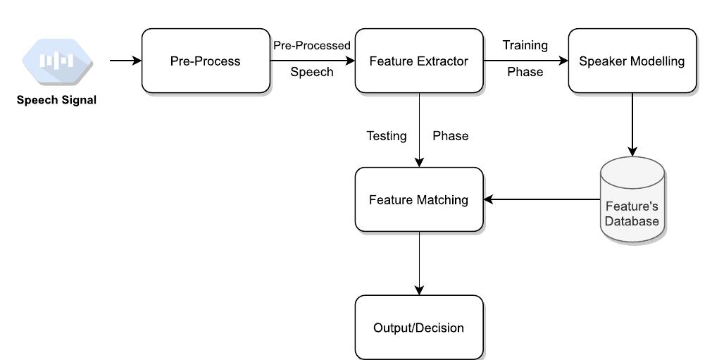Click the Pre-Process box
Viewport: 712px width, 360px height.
(x=206, y=61)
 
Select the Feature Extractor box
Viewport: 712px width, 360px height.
(x=419, y=61)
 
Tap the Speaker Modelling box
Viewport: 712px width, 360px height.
(x=632, y=61)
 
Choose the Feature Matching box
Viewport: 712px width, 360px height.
(x=419, y=200)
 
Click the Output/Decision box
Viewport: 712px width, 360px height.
(x=419, y=328)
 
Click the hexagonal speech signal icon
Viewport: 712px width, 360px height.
(x=57, y=61)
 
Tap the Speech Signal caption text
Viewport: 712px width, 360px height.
(x=57, y=100)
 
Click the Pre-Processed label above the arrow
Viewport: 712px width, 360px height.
(x=312, y=46)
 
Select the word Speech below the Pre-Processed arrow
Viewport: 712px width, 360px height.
(x=312, y=72)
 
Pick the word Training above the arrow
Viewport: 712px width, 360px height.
(x=525, y=46)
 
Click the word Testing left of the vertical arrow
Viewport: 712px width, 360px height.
(x=387, y=136)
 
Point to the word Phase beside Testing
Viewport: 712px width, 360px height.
(x=451, y=136)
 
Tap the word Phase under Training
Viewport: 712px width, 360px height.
(x=525, y=72)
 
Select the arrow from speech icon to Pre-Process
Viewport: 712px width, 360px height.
(x=125, y=61)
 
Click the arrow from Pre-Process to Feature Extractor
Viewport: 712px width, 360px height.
(x=312, y=61)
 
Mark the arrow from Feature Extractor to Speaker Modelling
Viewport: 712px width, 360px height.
(x=525, y=61)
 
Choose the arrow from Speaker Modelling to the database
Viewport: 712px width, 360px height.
(x=632, y=124)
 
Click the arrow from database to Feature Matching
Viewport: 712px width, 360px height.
(x=541, y=199)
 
